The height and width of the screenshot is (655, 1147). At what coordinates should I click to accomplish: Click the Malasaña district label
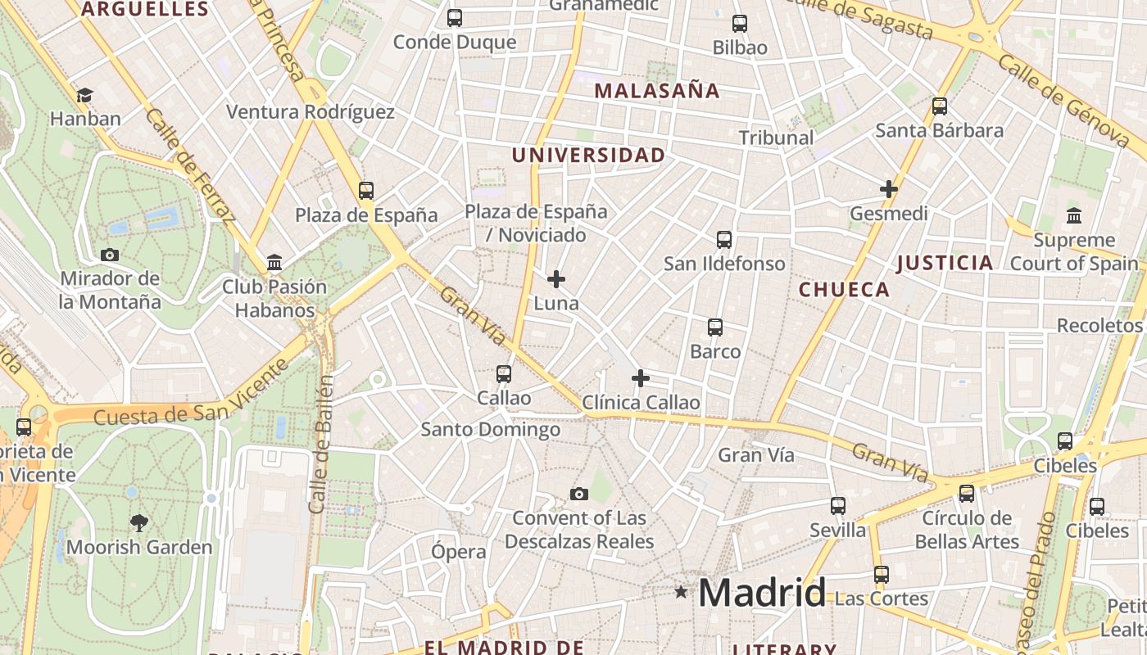coord(656,91)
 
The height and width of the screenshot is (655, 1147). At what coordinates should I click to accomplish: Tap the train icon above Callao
coord(504,374)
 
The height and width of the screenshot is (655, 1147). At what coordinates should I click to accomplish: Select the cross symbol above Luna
coord(556,280)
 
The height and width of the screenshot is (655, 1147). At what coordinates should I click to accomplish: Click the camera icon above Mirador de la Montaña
coord(110,255)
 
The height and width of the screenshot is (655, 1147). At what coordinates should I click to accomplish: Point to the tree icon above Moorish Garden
coord(139,522)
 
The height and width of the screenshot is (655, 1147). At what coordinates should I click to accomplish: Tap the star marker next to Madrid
coord(681,591)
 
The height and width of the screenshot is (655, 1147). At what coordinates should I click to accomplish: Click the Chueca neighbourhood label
coord(844,289)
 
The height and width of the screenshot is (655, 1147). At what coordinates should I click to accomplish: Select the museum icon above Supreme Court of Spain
coord(1074,216)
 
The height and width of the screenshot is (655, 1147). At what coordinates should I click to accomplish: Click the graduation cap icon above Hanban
coord(84,96)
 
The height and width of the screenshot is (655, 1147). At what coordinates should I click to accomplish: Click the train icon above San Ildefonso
coord(724,240)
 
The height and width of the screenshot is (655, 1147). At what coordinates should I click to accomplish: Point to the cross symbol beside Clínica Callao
coord(641,378)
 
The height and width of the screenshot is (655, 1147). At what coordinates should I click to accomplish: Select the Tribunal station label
coord(776,138)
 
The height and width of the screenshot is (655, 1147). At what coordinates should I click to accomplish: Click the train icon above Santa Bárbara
coord(940,106)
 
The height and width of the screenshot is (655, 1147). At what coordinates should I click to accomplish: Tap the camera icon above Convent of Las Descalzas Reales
coord(579,494)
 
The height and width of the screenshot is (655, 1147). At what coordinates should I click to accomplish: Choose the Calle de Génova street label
coord(1064,102)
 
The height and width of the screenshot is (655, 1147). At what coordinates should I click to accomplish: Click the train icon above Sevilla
coord(837,506)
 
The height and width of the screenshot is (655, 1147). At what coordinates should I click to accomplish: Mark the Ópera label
coord(459,552)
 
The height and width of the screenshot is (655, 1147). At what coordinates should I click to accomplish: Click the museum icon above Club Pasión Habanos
coord(274,263)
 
